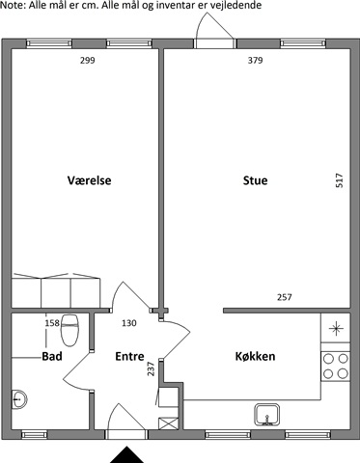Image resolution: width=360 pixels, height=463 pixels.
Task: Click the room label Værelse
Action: [x=89, y=180]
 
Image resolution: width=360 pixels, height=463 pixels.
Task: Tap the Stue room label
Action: [x=255, y=180]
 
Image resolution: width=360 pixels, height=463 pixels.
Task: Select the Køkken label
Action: [x=255, y=356]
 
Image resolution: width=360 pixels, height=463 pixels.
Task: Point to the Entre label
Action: [x=129, y=356]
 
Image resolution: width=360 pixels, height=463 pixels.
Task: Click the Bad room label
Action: [x=52, y=356]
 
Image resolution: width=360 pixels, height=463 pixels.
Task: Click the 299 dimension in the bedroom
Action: [x=88, y=61]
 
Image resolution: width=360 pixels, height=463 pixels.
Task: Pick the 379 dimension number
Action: [x=255, y=61]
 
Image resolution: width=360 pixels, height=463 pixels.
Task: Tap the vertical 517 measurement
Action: [x=340, y=180]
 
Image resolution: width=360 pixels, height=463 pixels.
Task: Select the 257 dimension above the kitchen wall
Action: [x=285, y=297]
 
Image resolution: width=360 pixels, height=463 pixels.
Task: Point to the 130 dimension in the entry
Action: [x=129, y=323]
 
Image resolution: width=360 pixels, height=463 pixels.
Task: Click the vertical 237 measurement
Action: [x=151, y=368]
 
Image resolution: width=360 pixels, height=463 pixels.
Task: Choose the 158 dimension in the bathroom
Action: [x=52, y=323]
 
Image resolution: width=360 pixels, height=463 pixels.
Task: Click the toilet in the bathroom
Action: [x=69, y=331]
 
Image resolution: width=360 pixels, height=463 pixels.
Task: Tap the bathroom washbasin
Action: [x=19, y=399]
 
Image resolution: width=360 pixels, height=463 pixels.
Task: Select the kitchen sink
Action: [x=267, y=415]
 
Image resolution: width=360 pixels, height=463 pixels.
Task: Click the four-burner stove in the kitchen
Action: [x=335, y=367]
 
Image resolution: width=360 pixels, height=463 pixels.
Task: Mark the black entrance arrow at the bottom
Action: [x=127, y=454]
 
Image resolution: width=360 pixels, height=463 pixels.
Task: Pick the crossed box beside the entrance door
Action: [x=169, y=423]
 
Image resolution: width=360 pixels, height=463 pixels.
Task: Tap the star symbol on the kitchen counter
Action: [x=336, y=328]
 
